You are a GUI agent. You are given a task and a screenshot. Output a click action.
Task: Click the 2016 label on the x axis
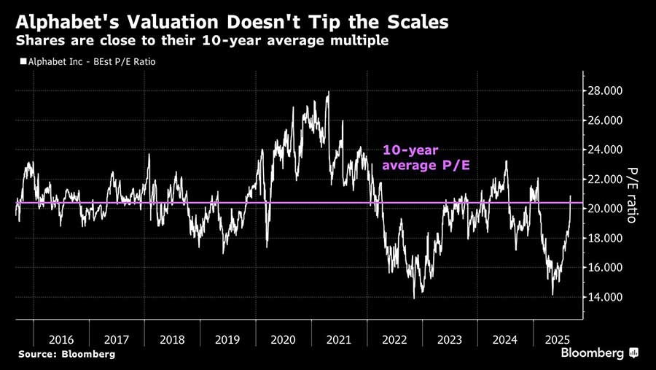[x=60, y=339]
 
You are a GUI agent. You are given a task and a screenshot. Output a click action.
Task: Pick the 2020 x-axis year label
[x=283, y=339]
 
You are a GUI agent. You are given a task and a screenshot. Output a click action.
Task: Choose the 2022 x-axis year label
[x=394, y=339]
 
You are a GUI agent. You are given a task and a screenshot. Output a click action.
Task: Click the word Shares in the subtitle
[x=39, y=41]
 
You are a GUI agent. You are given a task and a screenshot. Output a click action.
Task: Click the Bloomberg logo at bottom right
[x=599, y=353]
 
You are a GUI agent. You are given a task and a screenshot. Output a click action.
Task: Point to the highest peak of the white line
[x=328, y=92]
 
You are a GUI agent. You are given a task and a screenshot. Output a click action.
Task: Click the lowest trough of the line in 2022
[x=414, y=298]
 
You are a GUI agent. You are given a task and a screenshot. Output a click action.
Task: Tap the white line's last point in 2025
[x=571, y=196]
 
